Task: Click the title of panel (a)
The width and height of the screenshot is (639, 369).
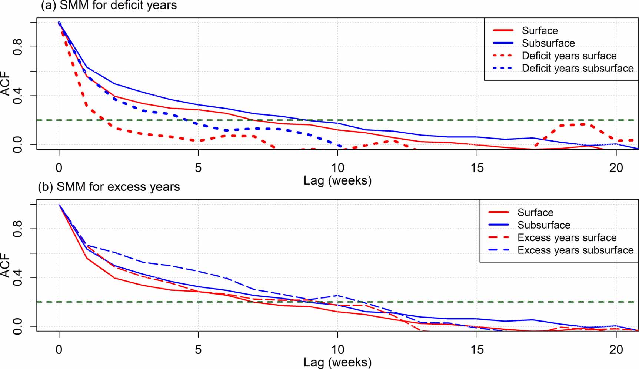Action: coord(109,6)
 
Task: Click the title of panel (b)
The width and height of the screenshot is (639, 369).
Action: coord(109,187)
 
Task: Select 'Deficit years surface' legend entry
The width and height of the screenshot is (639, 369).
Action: coord(569,56)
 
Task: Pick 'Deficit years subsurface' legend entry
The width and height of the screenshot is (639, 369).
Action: coord(577,69)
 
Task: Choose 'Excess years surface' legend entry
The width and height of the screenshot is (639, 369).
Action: coord(567,237)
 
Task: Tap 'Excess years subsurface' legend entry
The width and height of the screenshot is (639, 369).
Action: coord(575,250)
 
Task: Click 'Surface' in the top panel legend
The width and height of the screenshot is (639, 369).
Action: coord(540,31)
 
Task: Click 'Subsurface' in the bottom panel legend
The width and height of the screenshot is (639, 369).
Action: coord(543,225)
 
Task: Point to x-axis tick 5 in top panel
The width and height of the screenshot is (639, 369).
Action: coord(198,168)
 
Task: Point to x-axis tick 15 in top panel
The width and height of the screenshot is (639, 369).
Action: coord(477,168)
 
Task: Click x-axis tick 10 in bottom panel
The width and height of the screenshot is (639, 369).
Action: coord(337,349)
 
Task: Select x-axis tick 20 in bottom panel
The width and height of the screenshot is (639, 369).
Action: coord(616,349)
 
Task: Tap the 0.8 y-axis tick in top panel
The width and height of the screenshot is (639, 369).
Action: coord(17,47)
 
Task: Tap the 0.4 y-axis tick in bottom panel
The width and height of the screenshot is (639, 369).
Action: coord(17,277)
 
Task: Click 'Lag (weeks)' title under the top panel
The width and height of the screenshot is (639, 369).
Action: coord(337,180)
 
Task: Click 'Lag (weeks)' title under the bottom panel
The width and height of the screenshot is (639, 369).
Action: coord(337,362)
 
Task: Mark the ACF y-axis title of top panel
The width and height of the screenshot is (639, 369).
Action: coord(5,84)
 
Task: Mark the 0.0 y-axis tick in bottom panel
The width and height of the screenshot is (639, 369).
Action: coord(17,326)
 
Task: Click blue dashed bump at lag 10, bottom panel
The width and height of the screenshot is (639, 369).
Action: coord(337,296)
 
